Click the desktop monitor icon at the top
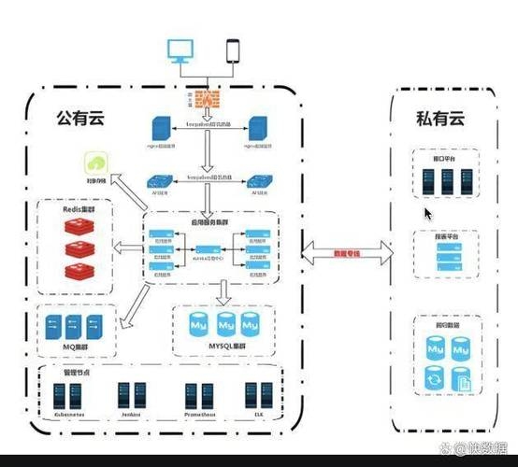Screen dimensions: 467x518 click(x=180, y=51)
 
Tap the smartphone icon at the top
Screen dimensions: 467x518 click(x=233, y=52)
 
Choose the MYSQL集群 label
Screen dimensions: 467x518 click(x=224, y=347)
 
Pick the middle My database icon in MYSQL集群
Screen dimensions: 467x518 click(x=225, y=326)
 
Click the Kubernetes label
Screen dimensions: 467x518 click(x=72, y=412)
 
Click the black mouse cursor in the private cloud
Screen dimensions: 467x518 click(x=428, y=214)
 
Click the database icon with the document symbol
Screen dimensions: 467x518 click(x=460, y=378)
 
